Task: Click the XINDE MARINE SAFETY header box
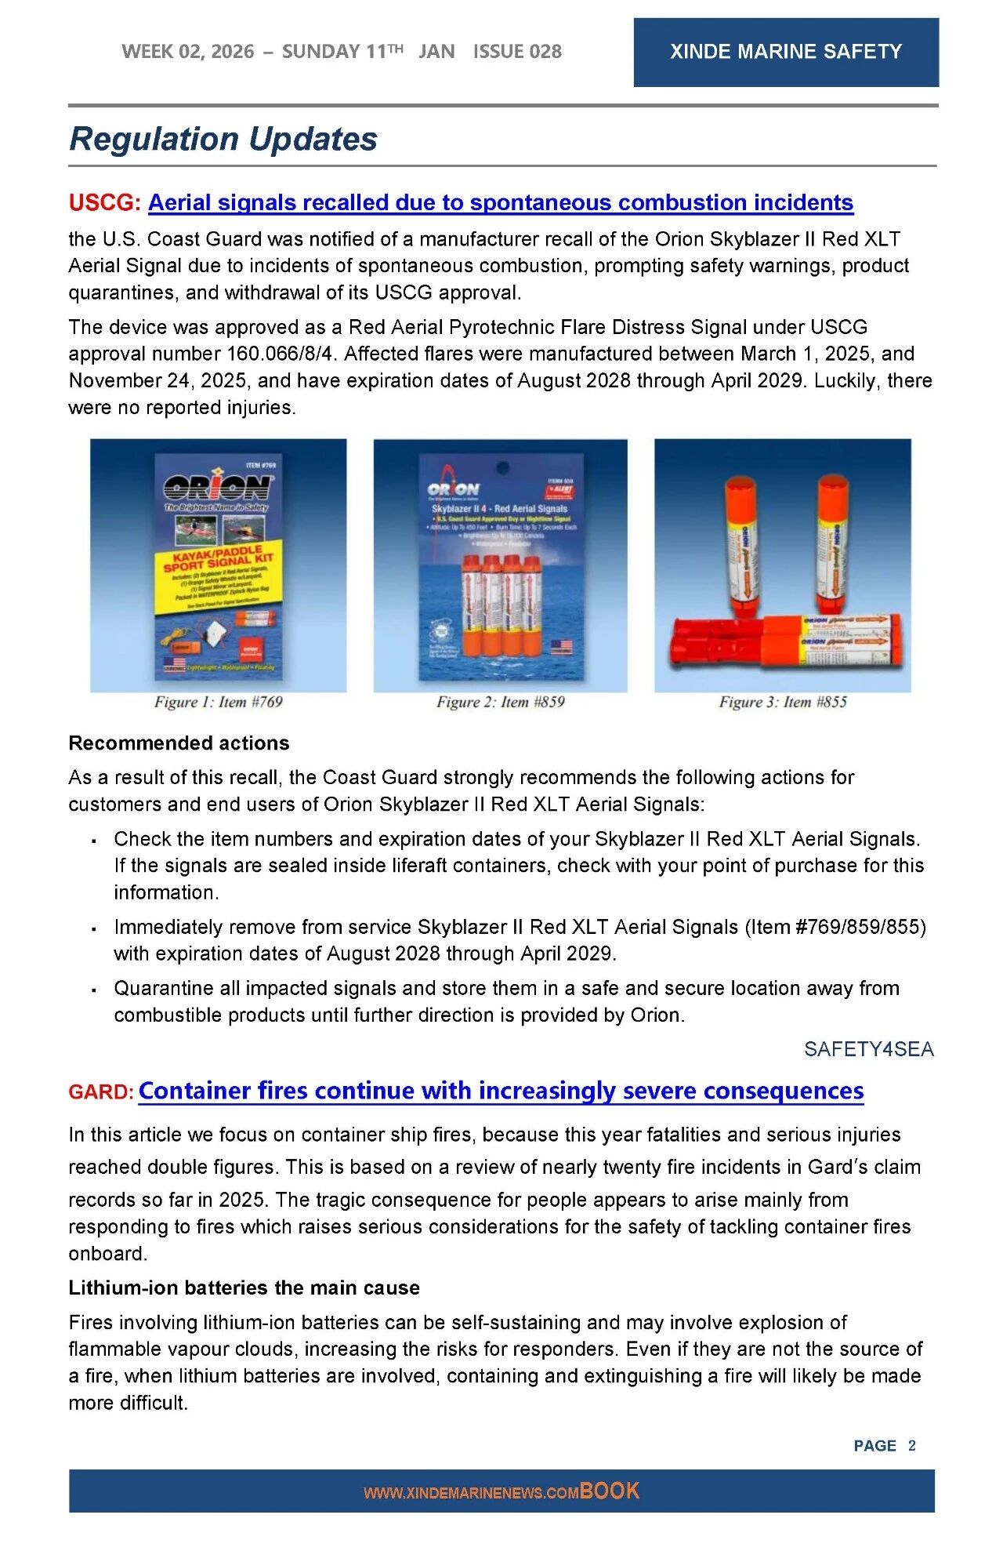[x=785, y=52]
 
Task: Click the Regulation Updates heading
[x=223, y=139]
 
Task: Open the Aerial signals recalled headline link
[x=500, y=202]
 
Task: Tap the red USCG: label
[x=104, y=202]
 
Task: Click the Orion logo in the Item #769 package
[x=218, y=488]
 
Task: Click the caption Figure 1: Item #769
[x=218, y=702]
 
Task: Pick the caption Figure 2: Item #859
[x=500, y=702]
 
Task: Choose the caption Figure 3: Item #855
[x=783, y=702]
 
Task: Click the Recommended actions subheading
[x=179, y=743]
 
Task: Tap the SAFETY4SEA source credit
[x=868, y=1049]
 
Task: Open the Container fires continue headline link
[x=501, y=1091]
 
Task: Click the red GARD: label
[x=101, y=1092]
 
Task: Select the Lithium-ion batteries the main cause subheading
[x=244, y=1288]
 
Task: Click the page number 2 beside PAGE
[x=911, y=1445]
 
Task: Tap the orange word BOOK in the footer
[x=610, y=1491]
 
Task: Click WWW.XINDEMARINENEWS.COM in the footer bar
[x=471, y=1493]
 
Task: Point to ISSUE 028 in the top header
[x=517, y=52]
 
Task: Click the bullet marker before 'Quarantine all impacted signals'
[x=94, y=990]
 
